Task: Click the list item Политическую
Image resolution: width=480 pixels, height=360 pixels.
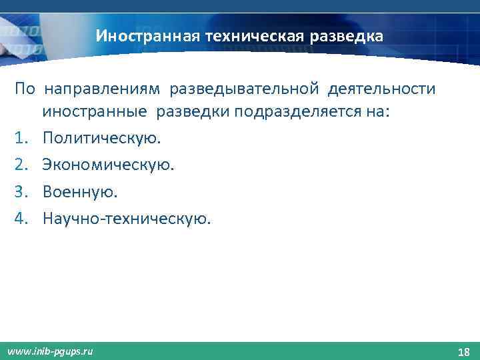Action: point(101,139)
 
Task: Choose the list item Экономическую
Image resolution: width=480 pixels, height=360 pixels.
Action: point(108,165)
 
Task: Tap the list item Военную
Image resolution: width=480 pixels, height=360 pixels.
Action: point(80,192)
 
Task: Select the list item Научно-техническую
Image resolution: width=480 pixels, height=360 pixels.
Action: point(126,218)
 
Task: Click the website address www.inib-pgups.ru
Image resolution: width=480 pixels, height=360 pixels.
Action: point(51,351)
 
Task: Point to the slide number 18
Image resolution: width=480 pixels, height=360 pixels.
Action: point(463,351)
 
